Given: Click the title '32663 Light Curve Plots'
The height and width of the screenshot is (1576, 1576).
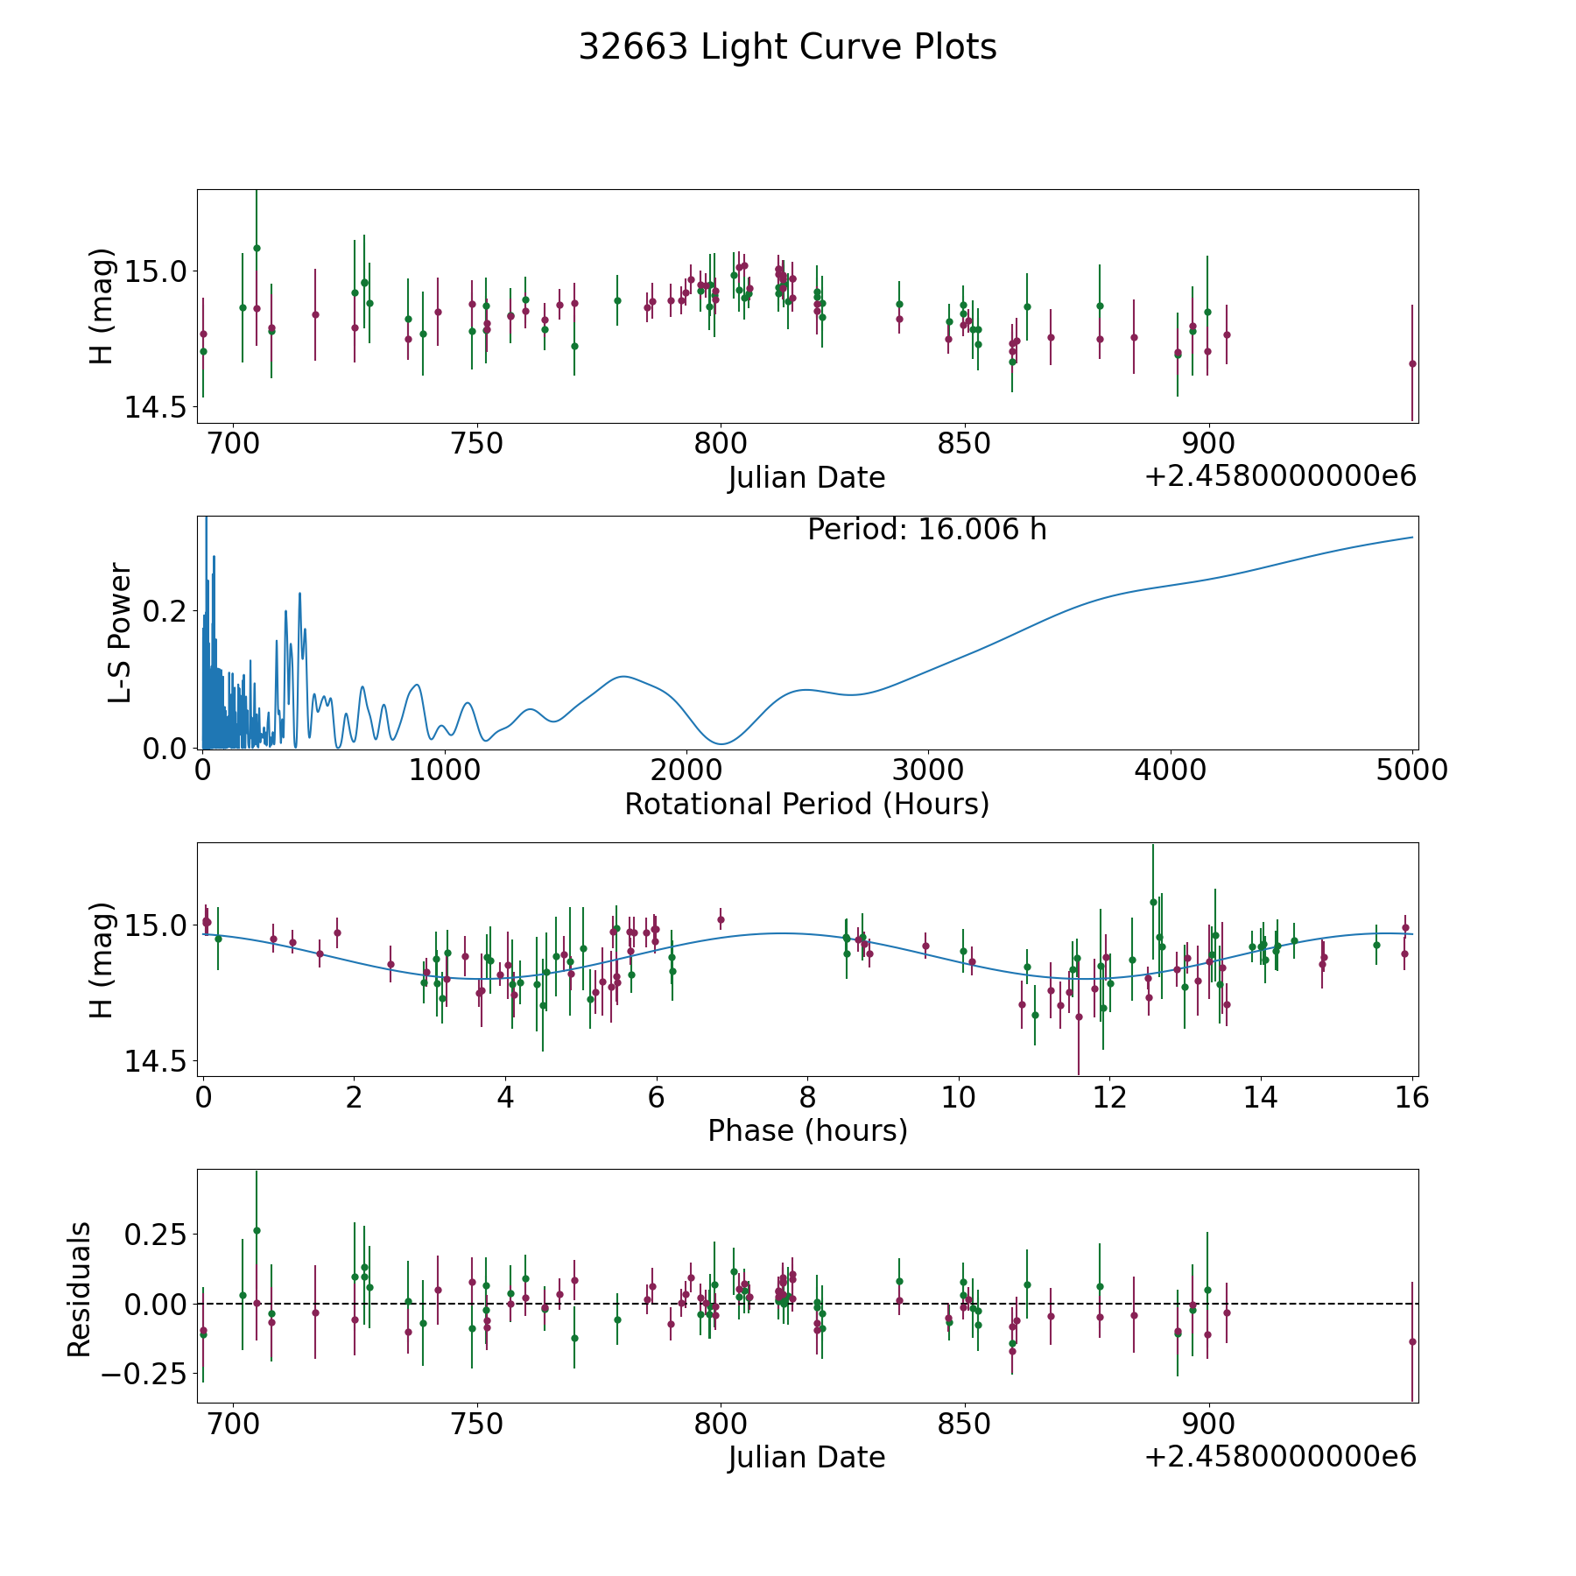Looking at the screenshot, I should tap(787, 47).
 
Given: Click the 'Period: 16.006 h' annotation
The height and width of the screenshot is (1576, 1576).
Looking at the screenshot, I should tap(926, 530).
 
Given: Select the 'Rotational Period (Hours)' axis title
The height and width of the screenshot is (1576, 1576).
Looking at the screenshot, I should tap(806, 804).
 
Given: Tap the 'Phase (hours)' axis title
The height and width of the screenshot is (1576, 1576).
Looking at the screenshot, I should tap(807, 1130).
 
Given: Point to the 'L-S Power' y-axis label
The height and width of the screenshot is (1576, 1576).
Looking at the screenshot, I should tap(121, 632).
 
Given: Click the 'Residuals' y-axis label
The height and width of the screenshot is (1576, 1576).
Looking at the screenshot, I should tap(80, 1289).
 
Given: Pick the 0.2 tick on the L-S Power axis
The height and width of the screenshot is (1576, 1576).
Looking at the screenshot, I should tap(166, 610).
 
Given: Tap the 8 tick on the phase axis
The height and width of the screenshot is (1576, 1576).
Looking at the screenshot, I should tap(807, 1097).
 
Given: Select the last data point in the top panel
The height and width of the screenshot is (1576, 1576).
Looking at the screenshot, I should tap(1412, 363).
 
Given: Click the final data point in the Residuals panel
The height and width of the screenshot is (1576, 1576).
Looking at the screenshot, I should tap(1412, 1341).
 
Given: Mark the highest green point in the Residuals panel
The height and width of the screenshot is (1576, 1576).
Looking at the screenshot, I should tap(257, 1230).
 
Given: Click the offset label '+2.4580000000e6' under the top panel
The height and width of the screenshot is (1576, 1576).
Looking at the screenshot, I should tap(1280, 476).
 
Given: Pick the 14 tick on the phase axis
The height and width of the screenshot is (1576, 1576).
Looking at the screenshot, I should tap(1261, 1097).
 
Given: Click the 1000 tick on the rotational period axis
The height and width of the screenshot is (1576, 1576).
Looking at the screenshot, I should tap(444, 770).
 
